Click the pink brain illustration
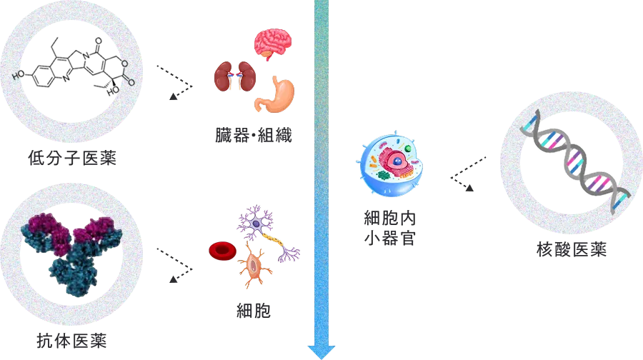(272, 44)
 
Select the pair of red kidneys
(234, 76)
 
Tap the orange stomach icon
(275, 95)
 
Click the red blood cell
(221, 251)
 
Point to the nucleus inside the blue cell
(395, 162)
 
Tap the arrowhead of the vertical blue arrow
(321, 350)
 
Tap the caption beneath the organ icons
(254, 134)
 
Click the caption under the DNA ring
(571, 249)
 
